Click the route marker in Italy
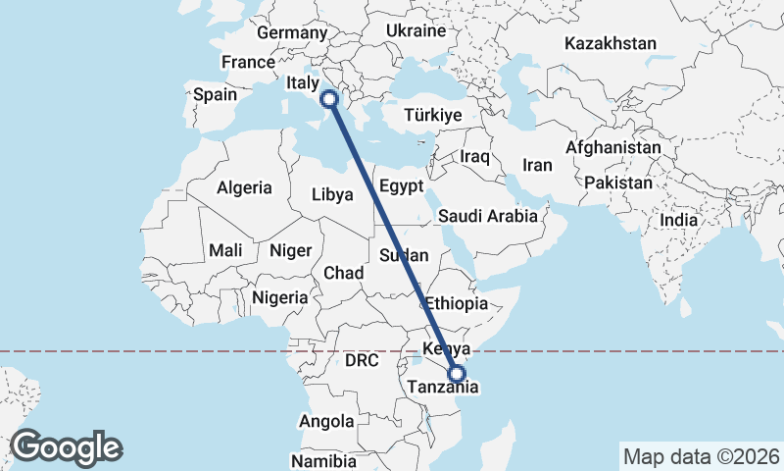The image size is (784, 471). coord(329,98)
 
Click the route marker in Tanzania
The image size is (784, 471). coord(456,373)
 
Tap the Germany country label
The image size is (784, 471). coord(291,33)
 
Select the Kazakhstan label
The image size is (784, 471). coord(610,44)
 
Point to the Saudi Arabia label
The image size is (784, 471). coord(488,216)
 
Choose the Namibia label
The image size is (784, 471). coord(322,460)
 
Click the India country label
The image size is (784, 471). coord(679,221)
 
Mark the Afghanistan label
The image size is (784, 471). coord(612,147)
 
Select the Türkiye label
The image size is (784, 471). coord(431,116)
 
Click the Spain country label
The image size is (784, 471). coord(215,95)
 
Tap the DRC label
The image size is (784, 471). coord(361,361)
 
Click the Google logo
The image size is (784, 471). coord(66,446)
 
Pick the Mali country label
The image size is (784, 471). coord(225,251)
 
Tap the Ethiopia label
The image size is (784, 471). coord(455,303)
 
